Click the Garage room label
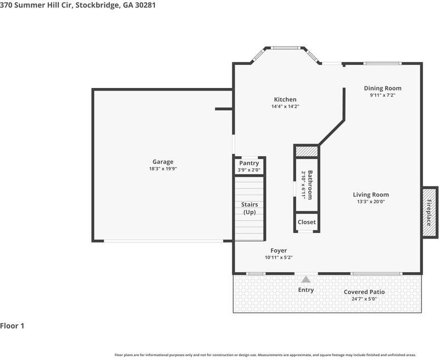[163, 162]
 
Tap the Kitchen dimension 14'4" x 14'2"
[285, 107]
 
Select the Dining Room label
[382, 88]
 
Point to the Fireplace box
[430, 212]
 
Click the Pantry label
[249, 163]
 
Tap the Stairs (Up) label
[249, 208]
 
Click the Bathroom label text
[310, 185]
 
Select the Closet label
[307, 222]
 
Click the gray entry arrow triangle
[305, 280]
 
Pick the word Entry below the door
[305, 290]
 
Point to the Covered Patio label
[364, 292]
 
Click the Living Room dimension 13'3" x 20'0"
[370, 202]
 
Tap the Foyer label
[279, 251]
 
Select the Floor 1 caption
[12, 326]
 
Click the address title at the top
[74, 5]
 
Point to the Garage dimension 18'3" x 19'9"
[163, 169]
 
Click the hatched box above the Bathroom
[307, 151]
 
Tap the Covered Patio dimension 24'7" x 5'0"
[364, 299]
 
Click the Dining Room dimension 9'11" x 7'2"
[382, 95]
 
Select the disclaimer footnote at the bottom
[265, 355]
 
